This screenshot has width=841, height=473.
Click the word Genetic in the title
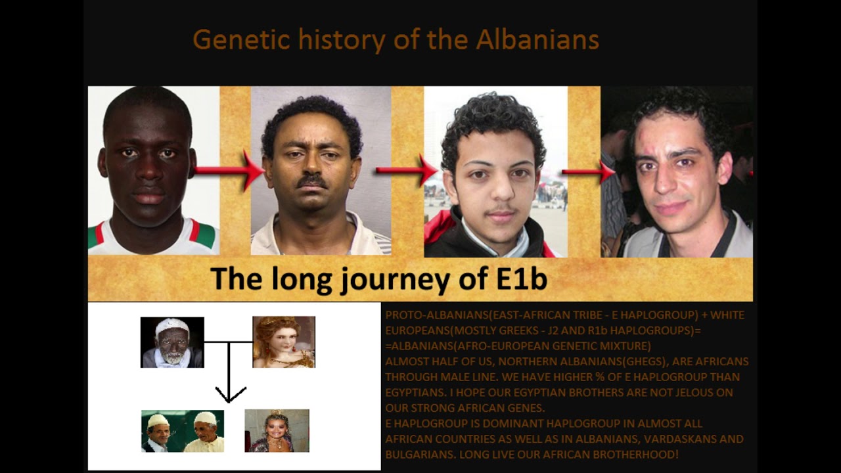coord(242,41)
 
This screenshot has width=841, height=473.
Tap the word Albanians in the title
coord(537,41)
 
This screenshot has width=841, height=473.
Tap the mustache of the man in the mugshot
coord(312,180)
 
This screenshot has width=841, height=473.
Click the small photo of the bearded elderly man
coord(172,342)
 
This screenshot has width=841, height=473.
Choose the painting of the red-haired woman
coord(284,342)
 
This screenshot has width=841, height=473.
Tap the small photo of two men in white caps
coord(183,431)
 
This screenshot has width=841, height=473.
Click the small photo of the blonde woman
coord(277,431)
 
